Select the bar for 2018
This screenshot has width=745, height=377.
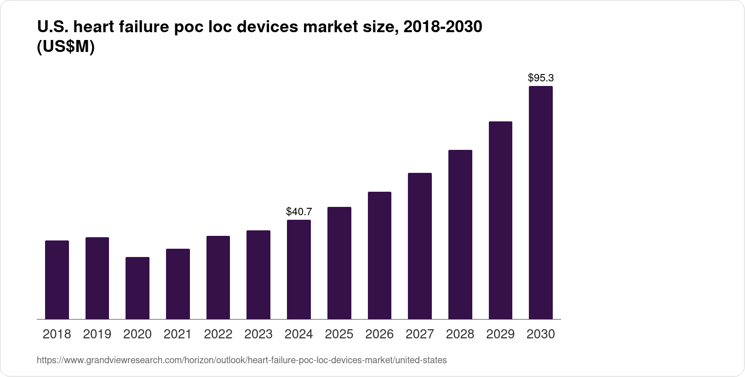point(57,280)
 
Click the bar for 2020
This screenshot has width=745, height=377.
point(138,288)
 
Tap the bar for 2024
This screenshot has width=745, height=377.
point(299,269)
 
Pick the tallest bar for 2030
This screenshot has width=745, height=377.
point(541,202)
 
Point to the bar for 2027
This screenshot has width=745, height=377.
point(420,246)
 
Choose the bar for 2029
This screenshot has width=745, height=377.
point(500,220)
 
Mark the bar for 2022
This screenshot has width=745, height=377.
point(218,277)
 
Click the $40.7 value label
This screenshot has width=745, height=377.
point(299,212)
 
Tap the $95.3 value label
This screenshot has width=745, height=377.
point(541,78)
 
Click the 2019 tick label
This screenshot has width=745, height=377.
point(97,334)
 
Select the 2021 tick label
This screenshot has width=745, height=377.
point(178,334)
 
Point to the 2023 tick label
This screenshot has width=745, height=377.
point(258,334)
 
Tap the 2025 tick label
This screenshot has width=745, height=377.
point(339,334)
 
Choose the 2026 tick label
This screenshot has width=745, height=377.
point(379,334)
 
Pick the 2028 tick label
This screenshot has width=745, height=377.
point(460,334)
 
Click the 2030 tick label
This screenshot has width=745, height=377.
point(541,334)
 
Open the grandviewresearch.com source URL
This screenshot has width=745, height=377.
point(241,360)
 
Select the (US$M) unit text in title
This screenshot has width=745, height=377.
point(65,47)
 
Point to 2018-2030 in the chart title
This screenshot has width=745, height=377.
point(442,27)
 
